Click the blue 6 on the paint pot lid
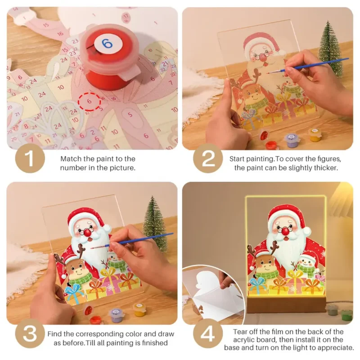[x=107, y=44]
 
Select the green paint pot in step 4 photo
[x=346, y=315]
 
